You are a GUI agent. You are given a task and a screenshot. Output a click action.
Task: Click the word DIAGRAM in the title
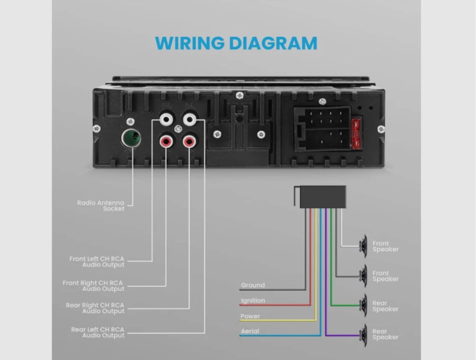(273, 44)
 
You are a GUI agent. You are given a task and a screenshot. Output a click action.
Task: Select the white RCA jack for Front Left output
(166, 120)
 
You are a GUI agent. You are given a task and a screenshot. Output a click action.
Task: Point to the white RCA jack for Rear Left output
(190, 120)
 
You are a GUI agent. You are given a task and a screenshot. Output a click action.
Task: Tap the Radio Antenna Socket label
(101, 206)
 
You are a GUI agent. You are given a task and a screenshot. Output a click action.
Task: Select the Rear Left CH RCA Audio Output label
(98, 333)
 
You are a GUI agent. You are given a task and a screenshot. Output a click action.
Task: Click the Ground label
(253, 285)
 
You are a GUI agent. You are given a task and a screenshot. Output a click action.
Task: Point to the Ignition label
(253, 301)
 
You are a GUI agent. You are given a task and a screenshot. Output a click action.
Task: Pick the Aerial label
(250, 332)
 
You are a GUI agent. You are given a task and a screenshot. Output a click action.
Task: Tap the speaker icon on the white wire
(363, 246)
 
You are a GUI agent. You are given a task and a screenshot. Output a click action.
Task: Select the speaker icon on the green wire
(363, 306)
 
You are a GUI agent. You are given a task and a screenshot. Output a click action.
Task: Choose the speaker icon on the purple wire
(363, 335)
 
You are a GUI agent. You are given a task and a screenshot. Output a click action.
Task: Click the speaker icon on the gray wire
(363, 276)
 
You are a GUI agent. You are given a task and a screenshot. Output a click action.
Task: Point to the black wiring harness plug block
(322, 197)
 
